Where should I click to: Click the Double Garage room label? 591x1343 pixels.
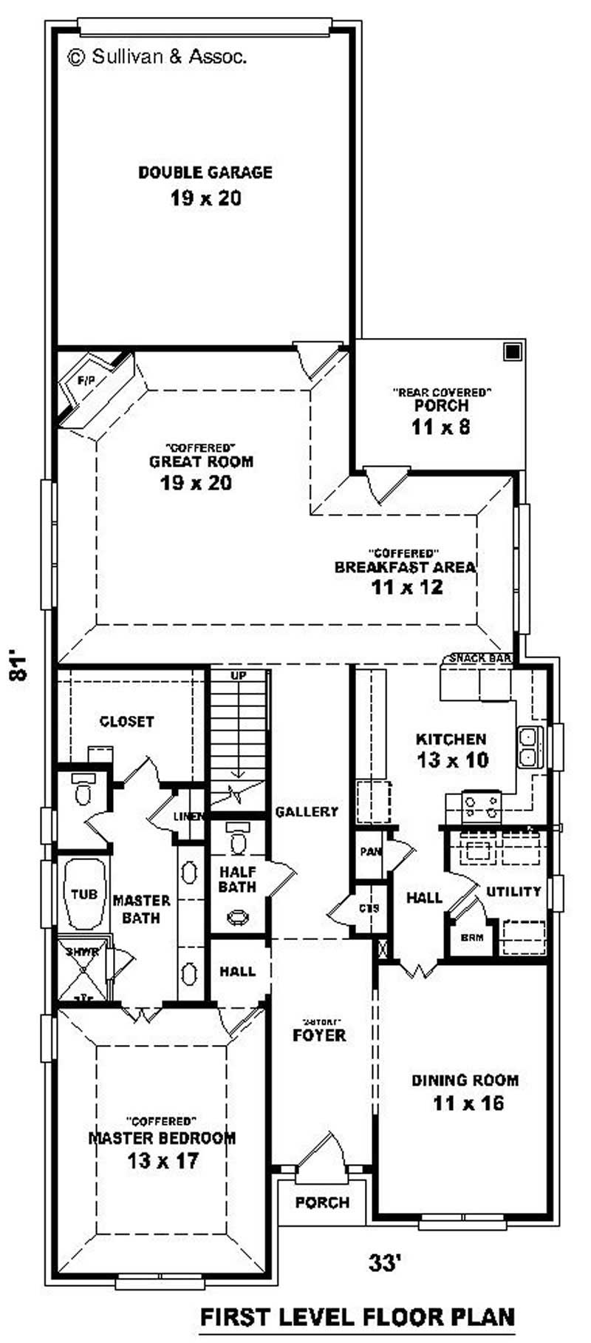(205, 173)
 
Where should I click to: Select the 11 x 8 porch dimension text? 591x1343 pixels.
(441, 427)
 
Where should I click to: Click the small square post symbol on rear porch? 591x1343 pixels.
(511, 351)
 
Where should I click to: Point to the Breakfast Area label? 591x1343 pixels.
(405, 567)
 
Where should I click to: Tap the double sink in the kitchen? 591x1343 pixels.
(529, 747)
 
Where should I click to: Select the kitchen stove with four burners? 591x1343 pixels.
(481, 804)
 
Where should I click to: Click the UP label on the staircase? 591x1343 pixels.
(238, 676)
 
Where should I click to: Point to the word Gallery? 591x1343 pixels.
(307, 812)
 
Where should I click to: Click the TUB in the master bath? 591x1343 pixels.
(83, 894)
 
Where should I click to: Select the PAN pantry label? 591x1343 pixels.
(369, 851)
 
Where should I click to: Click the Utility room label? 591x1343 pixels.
(513, 892)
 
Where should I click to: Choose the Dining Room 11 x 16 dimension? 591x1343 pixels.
(468, 1103)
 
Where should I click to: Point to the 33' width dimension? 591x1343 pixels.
(384, 1262)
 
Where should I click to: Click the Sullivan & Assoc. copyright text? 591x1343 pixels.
(157, 55)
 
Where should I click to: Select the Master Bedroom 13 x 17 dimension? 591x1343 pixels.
(162, 1160)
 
